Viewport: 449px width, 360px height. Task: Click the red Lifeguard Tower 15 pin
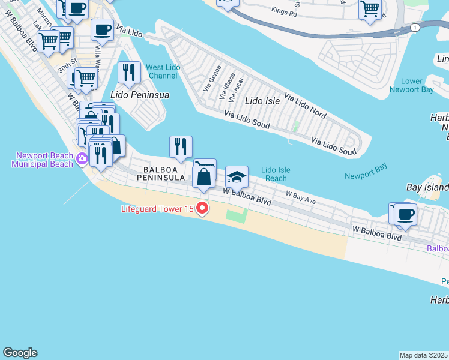202,209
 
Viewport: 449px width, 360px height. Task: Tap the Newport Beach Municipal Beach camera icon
82,159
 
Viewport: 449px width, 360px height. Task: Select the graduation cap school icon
237,177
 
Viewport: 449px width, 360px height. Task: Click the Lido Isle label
262,101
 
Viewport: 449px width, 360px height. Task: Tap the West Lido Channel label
162,71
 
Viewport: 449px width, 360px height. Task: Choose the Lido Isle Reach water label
276,174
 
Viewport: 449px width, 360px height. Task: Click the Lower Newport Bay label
411,85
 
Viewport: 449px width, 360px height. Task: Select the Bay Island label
427,188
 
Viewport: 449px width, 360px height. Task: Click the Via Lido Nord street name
305,105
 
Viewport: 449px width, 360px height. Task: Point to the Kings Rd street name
284,11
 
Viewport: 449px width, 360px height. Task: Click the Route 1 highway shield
414,28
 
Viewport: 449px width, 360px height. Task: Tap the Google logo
20,353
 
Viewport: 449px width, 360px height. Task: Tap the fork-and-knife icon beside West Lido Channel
129,73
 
